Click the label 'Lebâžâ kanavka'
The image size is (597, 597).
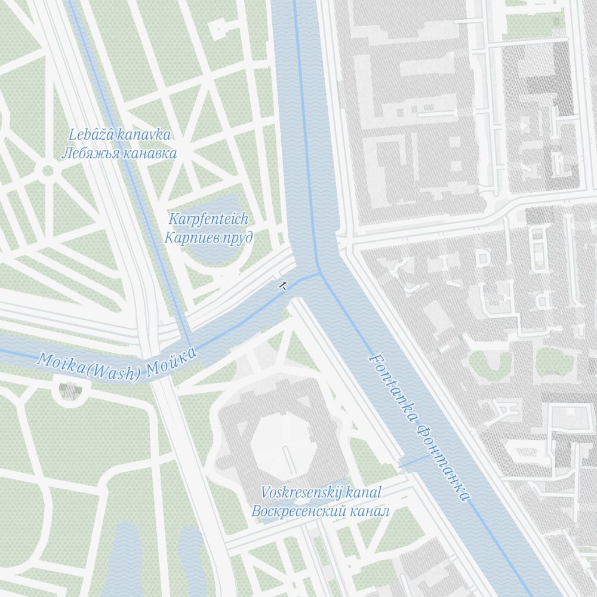pos(119,134)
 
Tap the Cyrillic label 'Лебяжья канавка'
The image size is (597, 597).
pos(119,153)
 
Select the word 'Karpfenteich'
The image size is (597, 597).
pos(208,219)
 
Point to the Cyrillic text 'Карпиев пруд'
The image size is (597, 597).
pos(208,237)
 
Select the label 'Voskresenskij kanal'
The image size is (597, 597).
pos(321,493)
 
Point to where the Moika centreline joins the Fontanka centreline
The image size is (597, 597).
pos(321,273)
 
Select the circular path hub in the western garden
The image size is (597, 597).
pos(48,171)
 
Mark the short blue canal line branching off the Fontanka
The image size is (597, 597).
pos(414,461)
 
